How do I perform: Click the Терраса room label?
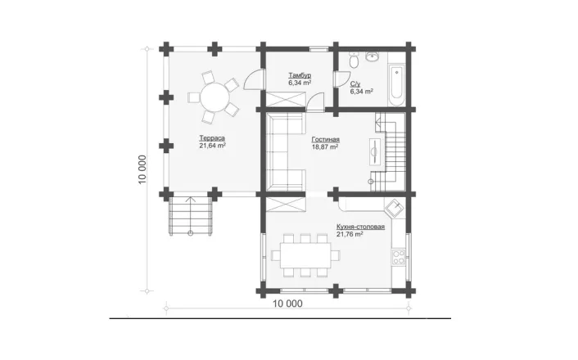pyautogui.click(x=212, y=138)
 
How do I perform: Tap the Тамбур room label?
pyautogui.click(x=300, y=75)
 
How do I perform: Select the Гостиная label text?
pyautogui.click(x=326, y=140)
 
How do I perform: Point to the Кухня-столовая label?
pyautogui.click(x=360, y=227)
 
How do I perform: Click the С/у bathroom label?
pyautogui.click(x=355, y=84)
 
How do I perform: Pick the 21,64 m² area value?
pyautogui.click(x=212, y=146)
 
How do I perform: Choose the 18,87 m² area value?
pyautogui.click(x=325, y=147)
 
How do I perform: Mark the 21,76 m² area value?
pyautogui.click(x=350, y=234)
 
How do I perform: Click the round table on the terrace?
pyautogui.click(x=214, y=97)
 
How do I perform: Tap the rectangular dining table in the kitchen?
pyautogui.click(x=305, y=255)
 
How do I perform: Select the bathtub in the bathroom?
pyautogui.click(x=396, y=85)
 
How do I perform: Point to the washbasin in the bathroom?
pyautogui.click(x=373, y=56)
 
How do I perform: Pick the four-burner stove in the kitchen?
pyautogui.click(x=399, y=257)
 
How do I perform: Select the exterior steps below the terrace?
pyautogui.click(x=191, y=216)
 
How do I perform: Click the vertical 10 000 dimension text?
pyautogui.click(x=142, y=169)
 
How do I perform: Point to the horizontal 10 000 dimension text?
pyautogui.click(x=287, y=304)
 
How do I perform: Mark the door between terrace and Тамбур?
pyautogui.click(x=254, y=79)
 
